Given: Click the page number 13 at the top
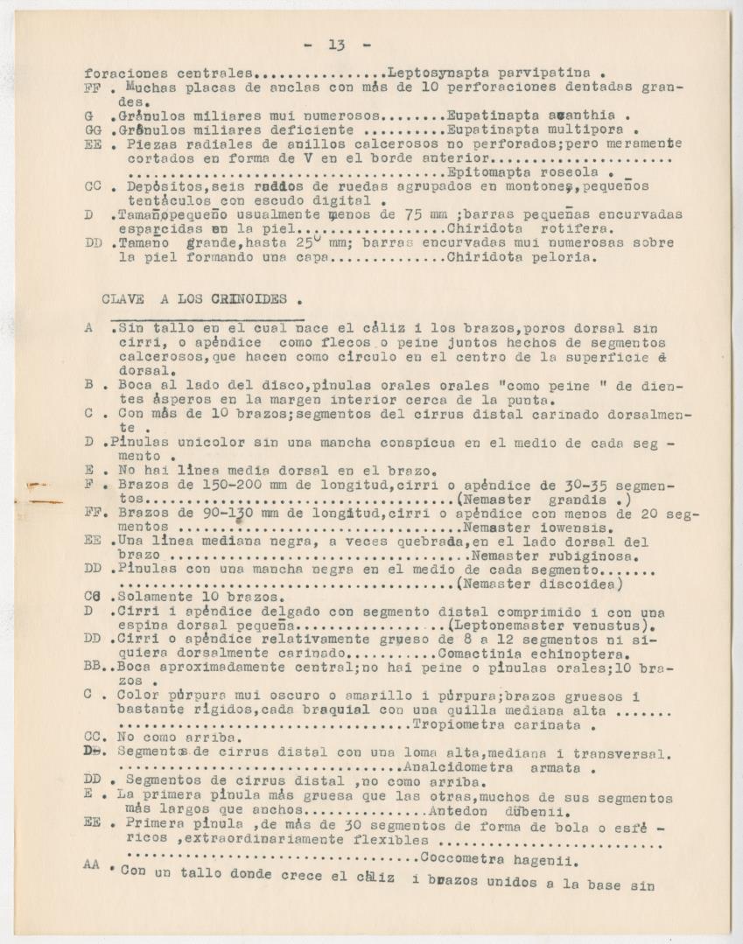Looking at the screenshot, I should (x=337, y=45).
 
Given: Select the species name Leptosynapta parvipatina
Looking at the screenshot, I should (x=487, y=73).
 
